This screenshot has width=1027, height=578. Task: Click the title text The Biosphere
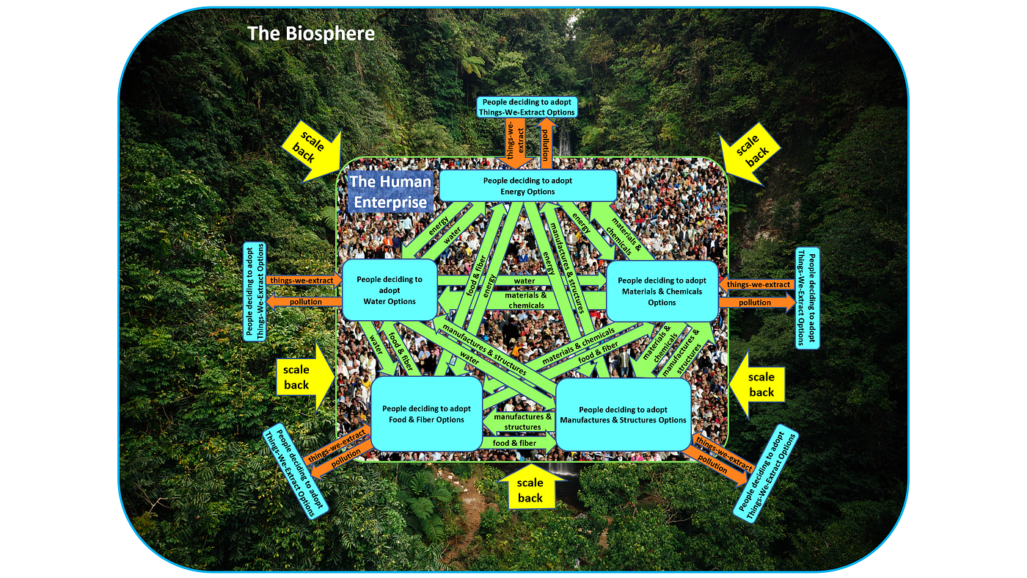pos(311,34)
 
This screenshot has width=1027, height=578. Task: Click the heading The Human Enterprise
pos(390,192)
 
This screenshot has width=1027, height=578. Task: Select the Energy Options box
pos(527,186)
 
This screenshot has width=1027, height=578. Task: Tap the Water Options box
pos(390,290)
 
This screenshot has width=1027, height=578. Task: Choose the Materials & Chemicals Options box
pos(662,292)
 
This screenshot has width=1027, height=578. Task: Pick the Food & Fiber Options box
pos(426,414)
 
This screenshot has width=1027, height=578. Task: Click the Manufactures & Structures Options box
pos(623,414)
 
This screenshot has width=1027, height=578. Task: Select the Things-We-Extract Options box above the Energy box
pos(527,107)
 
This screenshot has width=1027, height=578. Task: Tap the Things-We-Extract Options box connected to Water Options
pos(255,292)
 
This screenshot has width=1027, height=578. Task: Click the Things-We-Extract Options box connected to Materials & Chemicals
pos(807,298)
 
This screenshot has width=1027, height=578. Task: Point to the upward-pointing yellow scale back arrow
pos(530,487)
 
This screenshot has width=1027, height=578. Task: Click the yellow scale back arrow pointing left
pos(757,385)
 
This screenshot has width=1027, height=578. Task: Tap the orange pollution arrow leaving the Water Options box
pos(304,302)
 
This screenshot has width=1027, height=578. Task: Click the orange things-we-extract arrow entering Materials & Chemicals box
pos(757,285)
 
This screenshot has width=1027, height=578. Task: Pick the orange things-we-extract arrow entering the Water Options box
pos(304,280)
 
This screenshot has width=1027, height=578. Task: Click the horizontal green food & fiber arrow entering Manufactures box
pos(519,443)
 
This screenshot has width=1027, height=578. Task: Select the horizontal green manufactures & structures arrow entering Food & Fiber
pos(519,422)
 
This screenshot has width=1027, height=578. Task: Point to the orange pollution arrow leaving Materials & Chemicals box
pos(757,303)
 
